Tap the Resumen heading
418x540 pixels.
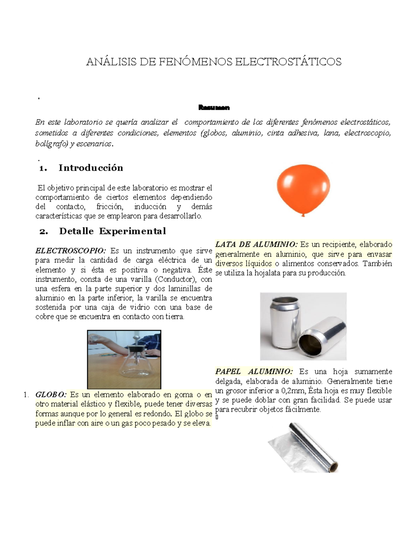click(x=214, y=107)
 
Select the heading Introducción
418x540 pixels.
click(x=91, y=168)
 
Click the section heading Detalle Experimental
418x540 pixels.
click(x=113, y=231)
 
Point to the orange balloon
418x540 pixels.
click(x=303, y=188)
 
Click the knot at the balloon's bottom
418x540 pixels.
click(x=303, y=215)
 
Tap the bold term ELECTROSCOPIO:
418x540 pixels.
click(x=71, y=251)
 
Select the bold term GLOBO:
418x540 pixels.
click(x=51, y=395)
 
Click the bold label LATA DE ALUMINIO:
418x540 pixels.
click(x=256, y=244)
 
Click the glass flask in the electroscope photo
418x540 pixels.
click(x=134, y=369)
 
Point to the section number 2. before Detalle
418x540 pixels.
click(x=44, y=232)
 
